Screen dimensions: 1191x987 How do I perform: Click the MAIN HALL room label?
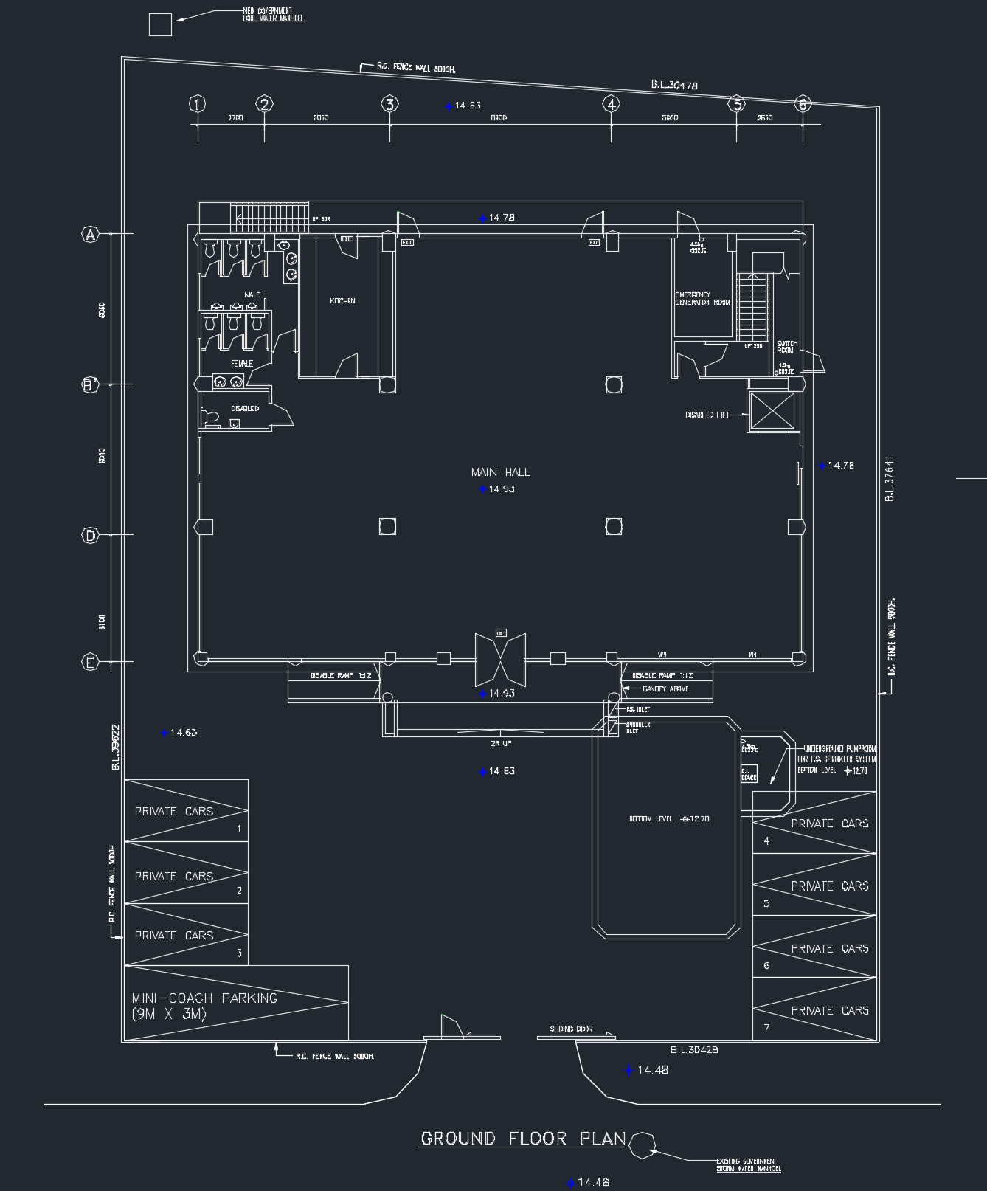(500, 472)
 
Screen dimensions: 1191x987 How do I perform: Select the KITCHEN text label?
(342, 301)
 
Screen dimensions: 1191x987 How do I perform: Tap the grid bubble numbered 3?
(390, 104)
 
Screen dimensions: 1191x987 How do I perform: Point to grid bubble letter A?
(90, 235)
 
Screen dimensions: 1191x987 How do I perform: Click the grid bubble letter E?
(90, 662)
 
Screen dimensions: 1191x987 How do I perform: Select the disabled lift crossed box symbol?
(772, 411)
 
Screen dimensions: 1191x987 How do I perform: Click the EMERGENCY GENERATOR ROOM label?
(702, 299)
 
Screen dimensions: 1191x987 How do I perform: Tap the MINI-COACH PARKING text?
(204, 1006)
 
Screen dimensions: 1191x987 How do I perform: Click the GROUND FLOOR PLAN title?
(522, 1139)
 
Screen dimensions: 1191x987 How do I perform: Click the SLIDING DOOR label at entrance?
(571, 1029)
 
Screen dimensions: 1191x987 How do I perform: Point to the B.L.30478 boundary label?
(674, 86)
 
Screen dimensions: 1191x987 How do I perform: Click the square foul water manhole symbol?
(160, 25)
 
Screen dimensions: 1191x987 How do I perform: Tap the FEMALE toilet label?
(242, 364)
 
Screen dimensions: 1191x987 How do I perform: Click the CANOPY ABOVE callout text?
(665, 689)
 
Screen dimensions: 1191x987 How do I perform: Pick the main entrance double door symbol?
(501, 656)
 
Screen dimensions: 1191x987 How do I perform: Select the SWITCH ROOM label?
(786, 347)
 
